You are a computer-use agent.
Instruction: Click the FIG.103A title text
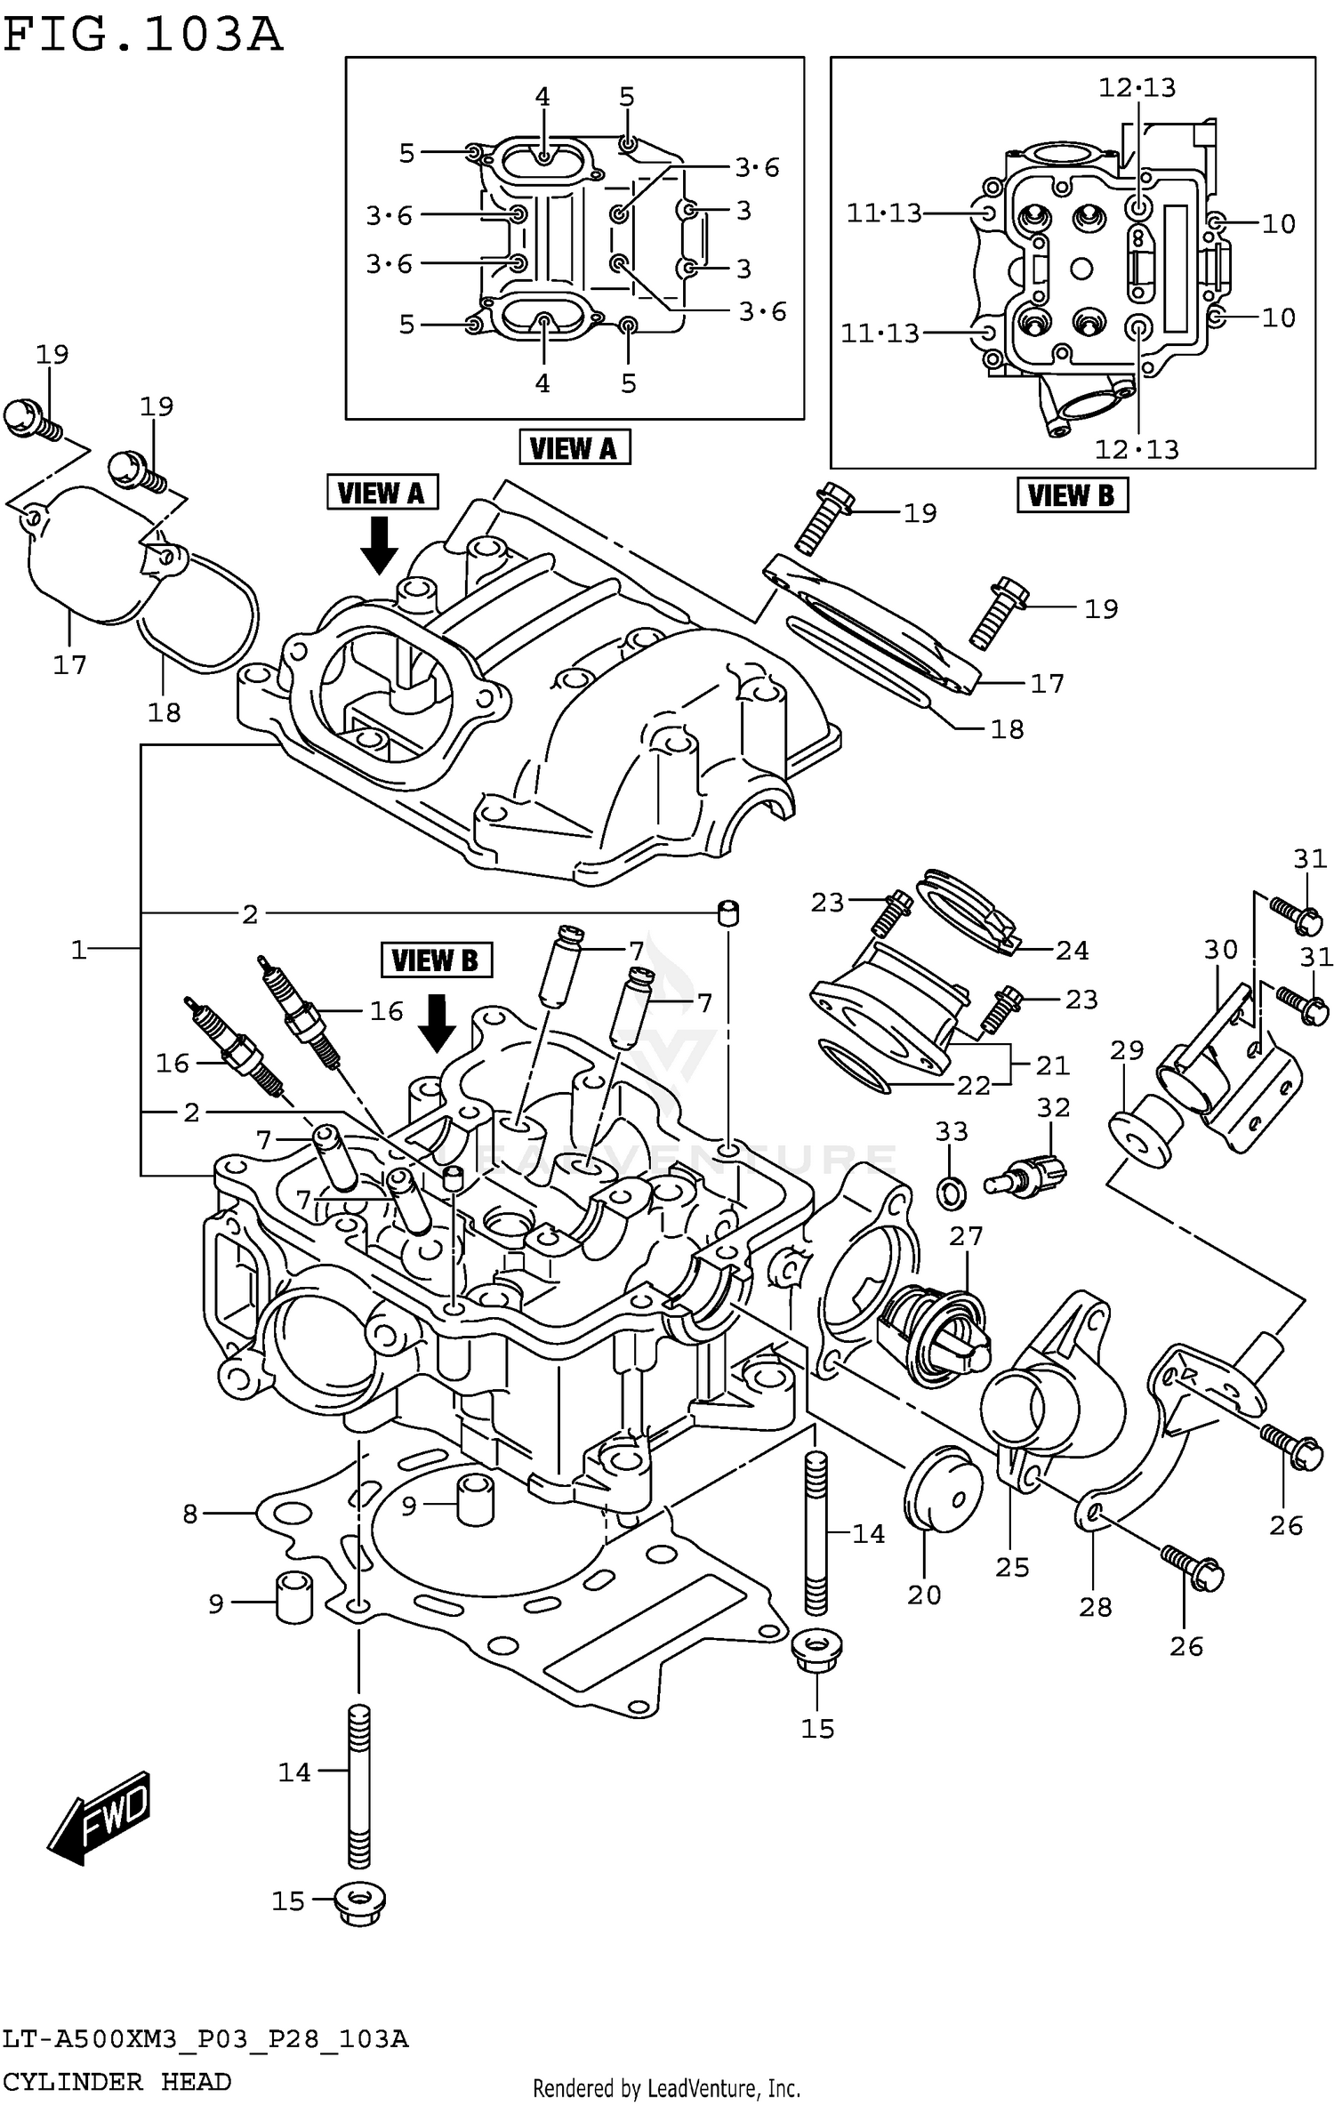[142, 36]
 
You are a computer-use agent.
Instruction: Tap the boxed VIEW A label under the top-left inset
[574, 447]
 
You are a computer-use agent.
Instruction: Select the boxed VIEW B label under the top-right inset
[1072, 495]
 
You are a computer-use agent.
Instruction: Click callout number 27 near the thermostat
[966, 1236]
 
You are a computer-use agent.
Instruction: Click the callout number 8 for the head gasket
[189, 1514]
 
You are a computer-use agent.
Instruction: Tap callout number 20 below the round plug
[924, 1595]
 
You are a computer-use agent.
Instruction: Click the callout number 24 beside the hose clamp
[1072, 951]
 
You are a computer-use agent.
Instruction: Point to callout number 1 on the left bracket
[79, 950]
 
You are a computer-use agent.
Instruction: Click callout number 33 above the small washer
[951, 1132]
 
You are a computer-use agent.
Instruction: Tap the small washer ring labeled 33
[951, 1192]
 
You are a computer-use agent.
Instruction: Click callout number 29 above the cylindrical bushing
[1126, 1051]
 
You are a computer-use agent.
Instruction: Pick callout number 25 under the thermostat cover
[1012, 1567]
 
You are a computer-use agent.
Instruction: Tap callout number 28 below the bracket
[1095, 1607]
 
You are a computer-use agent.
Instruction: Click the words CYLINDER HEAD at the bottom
[116, 2081]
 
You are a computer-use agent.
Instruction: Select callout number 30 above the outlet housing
[1220, 950]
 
